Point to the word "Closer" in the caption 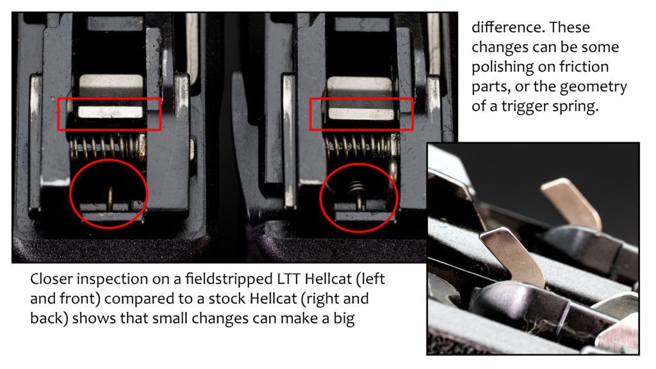(51, 279)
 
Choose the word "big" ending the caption (344, 319)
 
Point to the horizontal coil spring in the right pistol (363, 146)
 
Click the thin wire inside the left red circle (110, 197)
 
